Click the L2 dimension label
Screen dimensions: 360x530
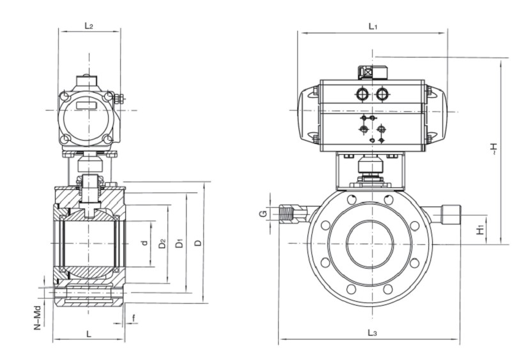tap(89, 25)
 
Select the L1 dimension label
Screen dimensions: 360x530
tap(374, 26)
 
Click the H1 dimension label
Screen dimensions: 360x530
tap(481, 227)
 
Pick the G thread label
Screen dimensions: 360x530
tap(262, 213)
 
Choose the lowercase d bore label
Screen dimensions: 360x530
tap(145, 243)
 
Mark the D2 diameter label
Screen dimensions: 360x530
tap(162, 243)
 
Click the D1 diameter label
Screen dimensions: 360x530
tap(180, 243)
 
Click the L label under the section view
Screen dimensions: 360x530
tap(88, 334)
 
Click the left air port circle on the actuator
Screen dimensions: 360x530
tap(362, 94)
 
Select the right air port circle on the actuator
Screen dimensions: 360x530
tap(382, 94)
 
